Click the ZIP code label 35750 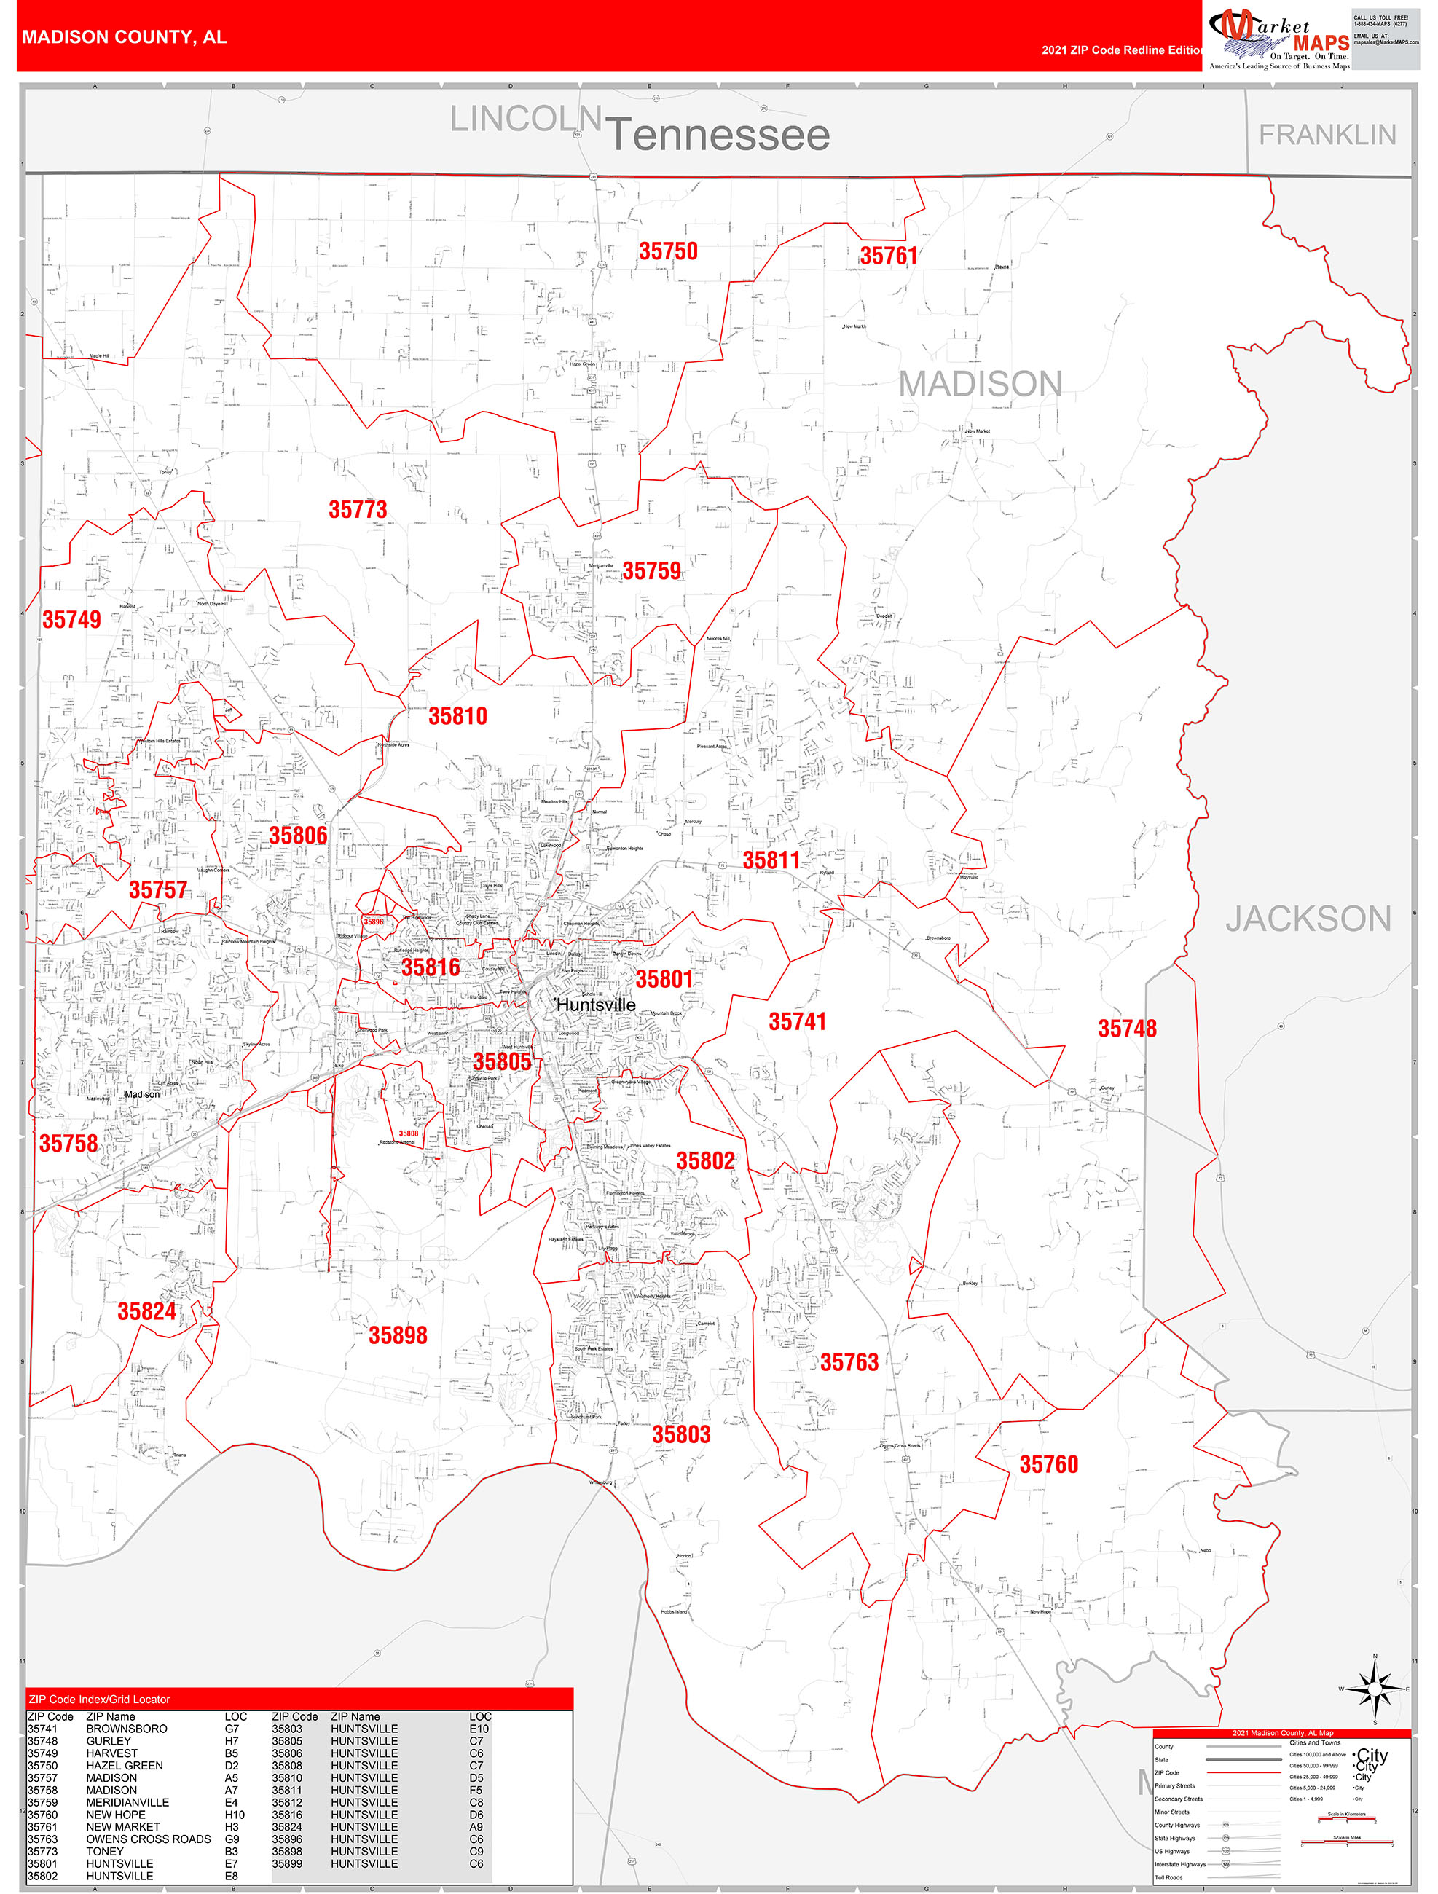pos(668,252)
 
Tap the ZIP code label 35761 pos(888,256)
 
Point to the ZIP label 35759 pos(651,571)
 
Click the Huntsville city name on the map pos(596,1005)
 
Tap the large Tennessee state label pos(718,135)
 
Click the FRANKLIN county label pos(1327,135)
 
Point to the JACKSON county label pos(1307,919)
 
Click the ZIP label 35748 pos(1126,1029)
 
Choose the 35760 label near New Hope pos(1048,1464)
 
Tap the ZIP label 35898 pos(398,1335)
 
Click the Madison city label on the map pos(142,1094)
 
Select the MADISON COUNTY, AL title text pos(124,37)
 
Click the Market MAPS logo pos(1278,39)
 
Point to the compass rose pos(1375,1689)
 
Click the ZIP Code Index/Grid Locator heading pos(99,1700)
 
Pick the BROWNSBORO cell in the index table pos(127,1729)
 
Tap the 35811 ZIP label pos(771,860)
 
